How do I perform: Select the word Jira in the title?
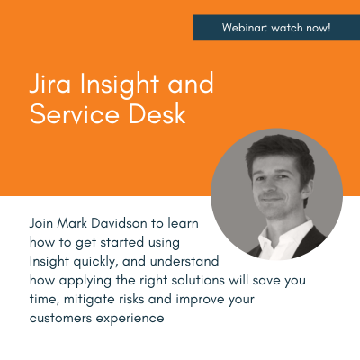click(46, 85)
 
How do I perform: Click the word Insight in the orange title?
click(112, 85)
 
